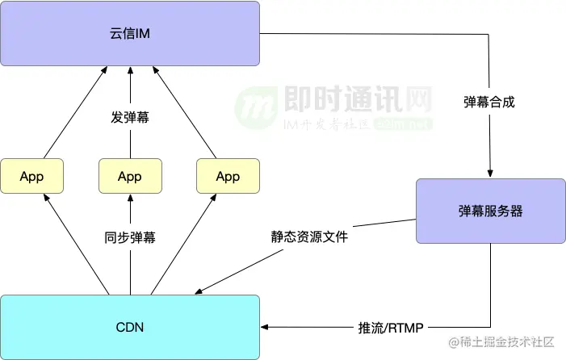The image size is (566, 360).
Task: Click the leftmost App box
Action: pos(31,176)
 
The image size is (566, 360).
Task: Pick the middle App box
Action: pos(129,176)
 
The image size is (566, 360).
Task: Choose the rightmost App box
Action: pos(228,176)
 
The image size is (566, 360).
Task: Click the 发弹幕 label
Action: pos(130,118)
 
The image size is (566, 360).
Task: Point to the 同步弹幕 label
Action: pos(130,238)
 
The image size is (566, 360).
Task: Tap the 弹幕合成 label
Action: pos(489,103)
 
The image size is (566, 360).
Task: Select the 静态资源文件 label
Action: pos(309,238)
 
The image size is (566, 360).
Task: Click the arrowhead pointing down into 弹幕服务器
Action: pos(490,174)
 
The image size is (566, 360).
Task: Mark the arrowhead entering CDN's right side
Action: pos(266,327)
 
